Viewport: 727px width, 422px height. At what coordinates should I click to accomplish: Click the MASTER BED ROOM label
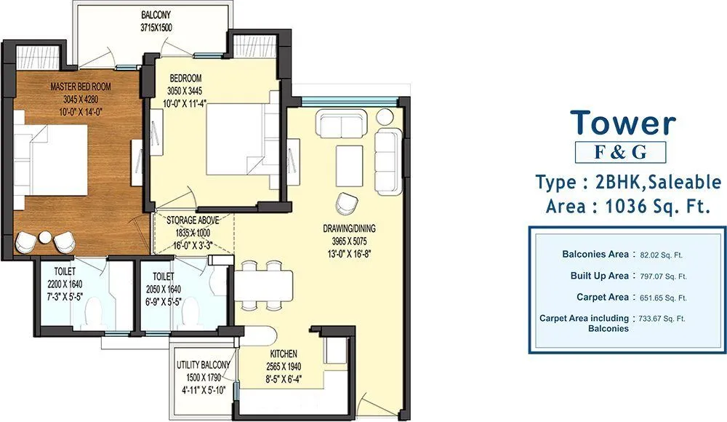click(80, 87)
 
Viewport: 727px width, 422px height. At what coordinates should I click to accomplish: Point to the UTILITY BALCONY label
click(204, 365)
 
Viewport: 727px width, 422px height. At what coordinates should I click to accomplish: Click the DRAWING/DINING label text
click(349, 228)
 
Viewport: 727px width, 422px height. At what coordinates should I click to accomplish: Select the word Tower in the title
click(622, 123)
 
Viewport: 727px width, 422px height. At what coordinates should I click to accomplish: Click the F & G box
click(620, 152)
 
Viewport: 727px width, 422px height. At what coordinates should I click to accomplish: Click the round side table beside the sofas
click(383, 116)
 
